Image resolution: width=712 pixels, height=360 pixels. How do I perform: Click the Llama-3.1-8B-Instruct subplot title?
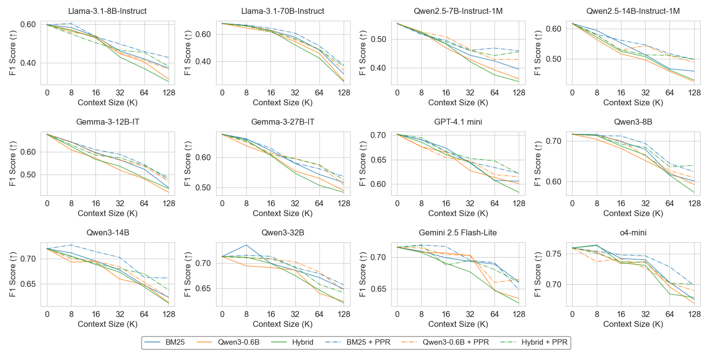[x=108, y=11]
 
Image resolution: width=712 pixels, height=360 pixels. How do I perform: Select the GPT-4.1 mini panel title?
[x=458, y=122]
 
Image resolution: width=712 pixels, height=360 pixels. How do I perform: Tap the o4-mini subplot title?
[x=633, y=232]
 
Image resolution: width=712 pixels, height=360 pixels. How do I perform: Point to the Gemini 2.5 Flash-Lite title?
[x=458, y=232]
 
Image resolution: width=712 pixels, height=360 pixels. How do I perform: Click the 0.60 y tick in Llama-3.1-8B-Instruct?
[x=28, y=24]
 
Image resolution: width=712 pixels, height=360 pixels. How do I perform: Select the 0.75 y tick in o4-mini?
[x=553, y=254]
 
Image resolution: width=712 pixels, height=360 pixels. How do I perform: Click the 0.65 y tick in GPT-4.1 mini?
[x=378, y=160]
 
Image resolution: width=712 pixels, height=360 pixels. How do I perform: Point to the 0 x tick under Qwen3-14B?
[x=47, y=314]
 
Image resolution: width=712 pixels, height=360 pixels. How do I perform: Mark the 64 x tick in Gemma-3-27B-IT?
[x=319, y=203]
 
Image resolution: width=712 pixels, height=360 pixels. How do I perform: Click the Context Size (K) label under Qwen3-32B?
[x=283, y=324]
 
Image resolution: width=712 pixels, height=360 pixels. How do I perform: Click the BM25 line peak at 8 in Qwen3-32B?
[x=246, y=245]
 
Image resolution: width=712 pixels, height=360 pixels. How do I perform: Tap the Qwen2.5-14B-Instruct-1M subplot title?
[x=633, y=11]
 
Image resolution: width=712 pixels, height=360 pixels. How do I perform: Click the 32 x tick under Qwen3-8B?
[x=646, y=203]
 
